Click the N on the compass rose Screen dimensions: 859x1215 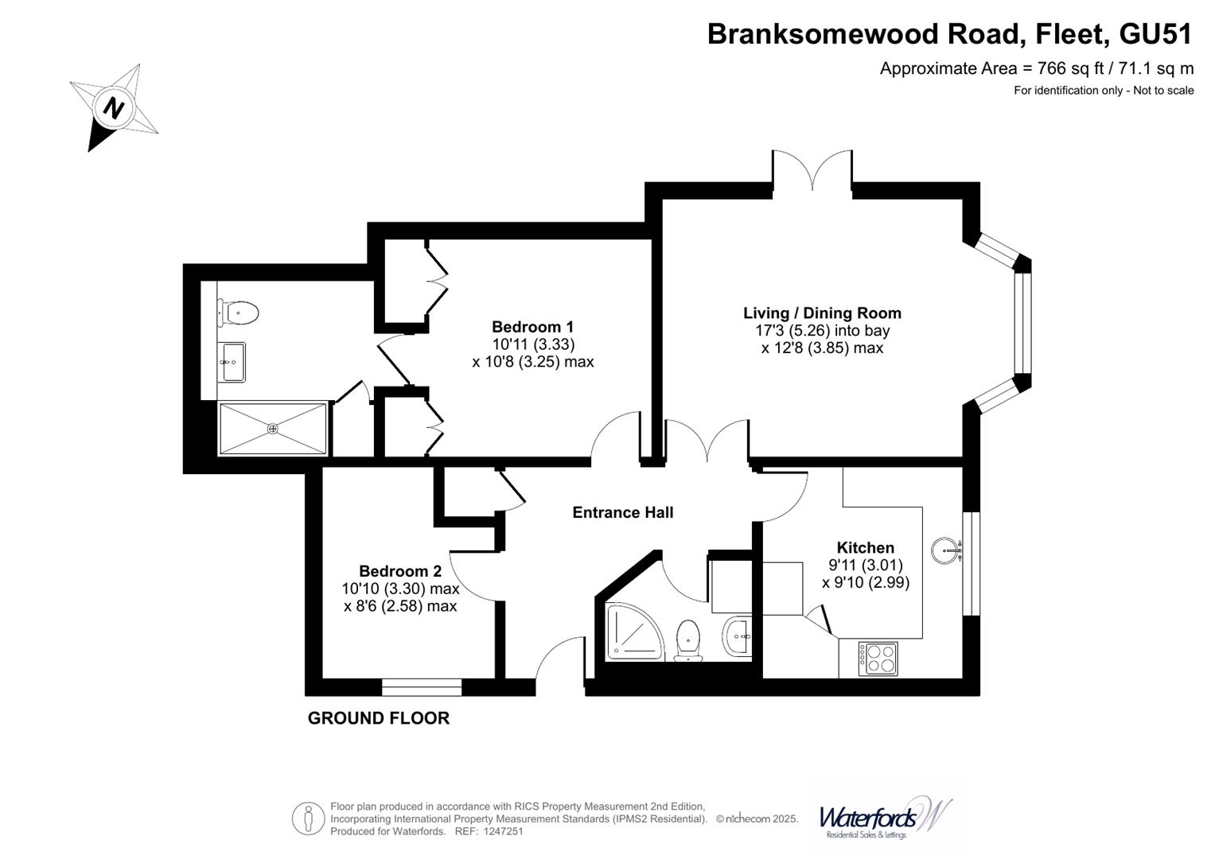click(x=115, y=107)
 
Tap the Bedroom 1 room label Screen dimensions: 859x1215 click(x=532, y=327)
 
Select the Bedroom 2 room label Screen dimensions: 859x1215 click(x=399, y=571)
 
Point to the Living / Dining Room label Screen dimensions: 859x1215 click(x=822, y=313)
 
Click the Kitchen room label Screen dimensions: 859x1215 click(x=865, y=547)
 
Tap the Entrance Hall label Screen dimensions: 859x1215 click(x=622, y=512)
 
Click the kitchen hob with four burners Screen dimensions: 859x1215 click(x=878, y=659)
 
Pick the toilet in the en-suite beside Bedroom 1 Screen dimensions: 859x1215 click(x=239, y=313)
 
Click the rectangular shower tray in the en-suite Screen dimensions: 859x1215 click(x=273, y=429)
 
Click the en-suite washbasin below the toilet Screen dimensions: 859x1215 click(x=232, y=362)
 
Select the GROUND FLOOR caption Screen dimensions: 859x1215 click(x=378, y=718)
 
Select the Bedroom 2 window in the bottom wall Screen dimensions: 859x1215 click(x=422, y=687)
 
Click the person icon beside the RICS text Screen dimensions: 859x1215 click(x=308, y=818)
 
